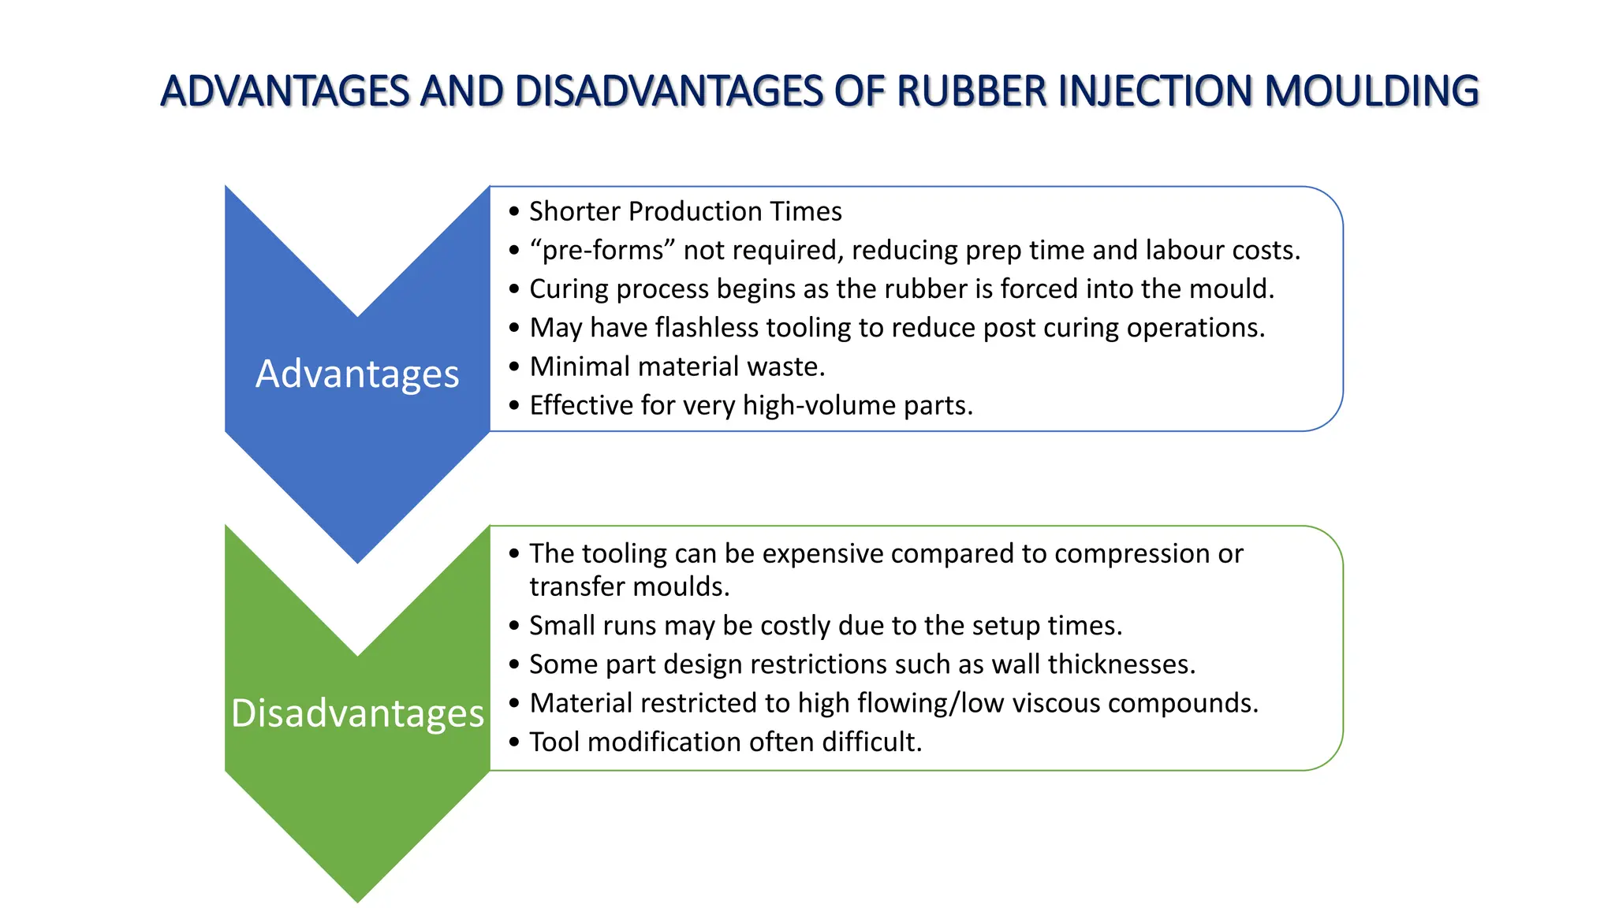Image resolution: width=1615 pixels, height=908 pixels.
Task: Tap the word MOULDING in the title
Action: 1371,91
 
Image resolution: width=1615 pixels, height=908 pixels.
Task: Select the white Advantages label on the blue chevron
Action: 357,374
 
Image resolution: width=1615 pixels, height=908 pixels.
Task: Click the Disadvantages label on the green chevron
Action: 357,713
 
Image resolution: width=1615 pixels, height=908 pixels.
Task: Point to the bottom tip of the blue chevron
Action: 357,560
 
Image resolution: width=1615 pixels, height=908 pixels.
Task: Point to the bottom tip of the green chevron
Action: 357,899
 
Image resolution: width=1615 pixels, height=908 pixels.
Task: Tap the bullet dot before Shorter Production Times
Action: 514,212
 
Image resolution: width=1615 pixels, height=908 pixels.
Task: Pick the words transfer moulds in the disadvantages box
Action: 628,587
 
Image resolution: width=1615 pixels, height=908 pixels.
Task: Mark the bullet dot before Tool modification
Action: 514,742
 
